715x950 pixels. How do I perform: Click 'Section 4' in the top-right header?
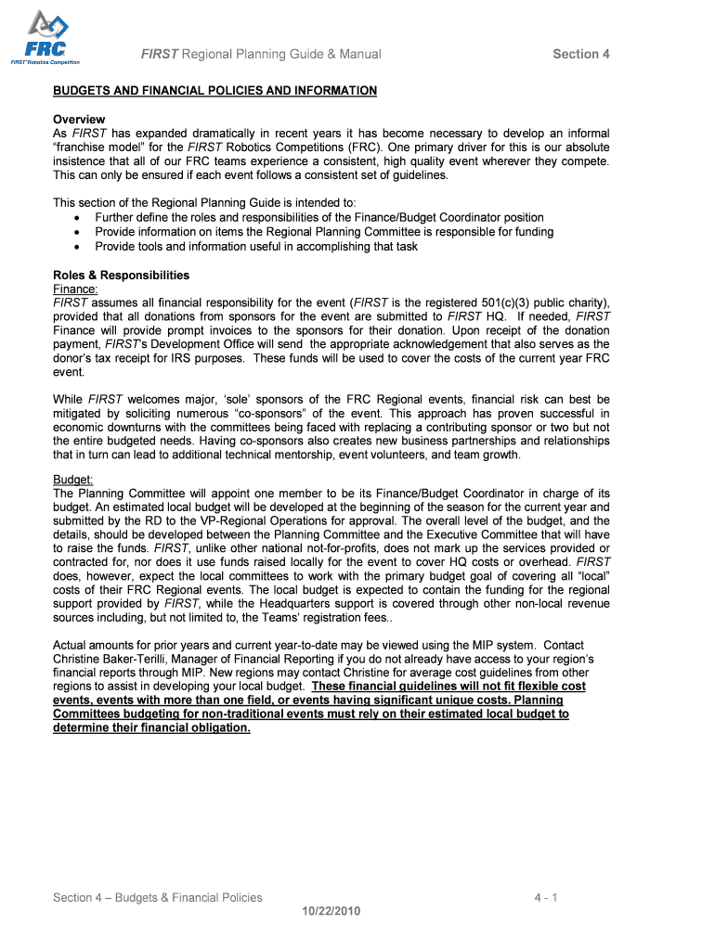click(581, 54)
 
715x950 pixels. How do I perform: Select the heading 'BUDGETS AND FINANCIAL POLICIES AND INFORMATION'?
click(214, 91)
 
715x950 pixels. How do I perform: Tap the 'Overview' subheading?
click(79, 120)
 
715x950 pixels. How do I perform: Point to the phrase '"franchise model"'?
click(94, 148)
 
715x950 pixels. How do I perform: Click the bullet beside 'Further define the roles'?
click(76, 218)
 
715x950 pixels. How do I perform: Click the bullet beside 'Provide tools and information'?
click(76, 247)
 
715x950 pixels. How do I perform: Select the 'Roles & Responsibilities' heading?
click(121, 276)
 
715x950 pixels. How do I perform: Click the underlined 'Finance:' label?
click(75, 289)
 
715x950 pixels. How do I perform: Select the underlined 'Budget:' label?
click(73, 480)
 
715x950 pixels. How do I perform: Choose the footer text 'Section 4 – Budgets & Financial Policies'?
click(158, 897)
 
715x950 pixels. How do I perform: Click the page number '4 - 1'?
click(545, 897)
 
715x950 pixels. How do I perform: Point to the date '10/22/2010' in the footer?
click(331, 910)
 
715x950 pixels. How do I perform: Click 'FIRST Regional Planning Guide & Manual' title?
click(261, 54)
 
